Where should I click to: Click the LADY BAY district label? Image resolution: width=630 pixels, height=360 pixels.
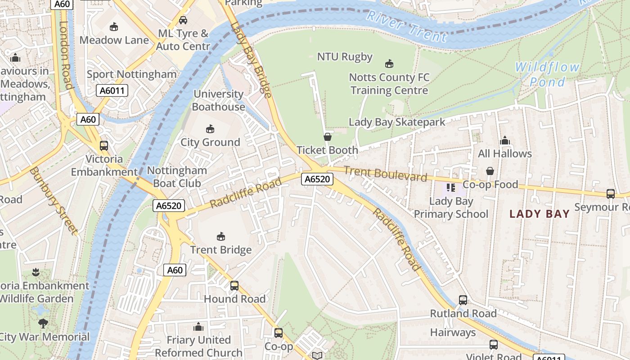(x=540, y=214)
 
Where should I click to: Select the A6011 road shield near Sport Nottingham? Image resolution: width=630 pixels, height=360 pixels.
(x=112, y=91)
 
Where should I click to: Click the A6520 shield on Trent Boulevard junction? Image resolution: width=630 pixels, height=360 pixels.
(x=317, y=179)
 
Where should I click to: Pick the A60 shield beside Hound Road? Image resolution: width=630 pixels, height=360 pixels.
(x=175, y=270)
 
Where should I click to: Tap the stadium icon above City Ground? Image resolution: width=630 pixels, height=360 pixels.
(x=210, y=129)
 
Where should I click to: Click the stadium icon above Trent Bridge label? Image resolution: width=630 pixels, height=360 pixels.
(x=221, y=237)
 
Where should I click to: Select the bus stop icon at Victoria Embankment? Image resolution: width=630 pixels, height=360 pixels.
(x=104, y=146)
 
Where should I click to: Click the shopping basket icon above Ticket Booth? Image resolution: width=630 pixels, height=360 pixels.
(x=328, y=137)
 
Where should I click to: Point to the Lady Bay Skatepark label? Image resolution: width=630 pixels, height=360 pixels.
(x=397, y=122)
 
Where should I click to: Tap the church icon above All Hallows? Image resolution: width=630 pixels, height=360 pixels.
(x=504, y=140)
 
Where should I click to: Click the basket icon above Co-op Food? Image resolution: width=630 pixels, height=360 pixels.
(x=490, y=171)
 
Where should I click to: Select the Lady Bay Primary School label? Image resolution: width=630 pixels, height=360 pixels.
(x=451, y=207)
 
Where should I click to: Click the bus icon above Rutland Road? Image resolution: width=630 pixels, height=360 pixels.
(x=463, y=300)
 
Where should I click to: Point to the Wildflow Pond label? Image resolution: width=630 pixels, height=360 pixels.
(x=547, y=75)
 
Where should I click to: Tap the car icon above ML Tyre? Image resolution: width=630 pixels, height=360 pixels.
(x=183, y=20)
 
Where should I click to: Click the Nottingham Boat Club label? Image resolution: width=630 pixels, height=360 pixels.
(x=177, y=177)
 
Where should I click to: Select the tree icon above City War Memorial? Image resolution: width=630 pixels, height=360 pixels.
(x=43, y=324)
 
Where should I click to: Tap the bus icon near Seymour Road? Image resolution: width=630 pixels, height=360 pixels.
(x=611, y=194)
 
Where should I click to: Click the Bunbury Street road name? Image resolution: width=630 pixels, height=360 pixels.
(x=54, y=201)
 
